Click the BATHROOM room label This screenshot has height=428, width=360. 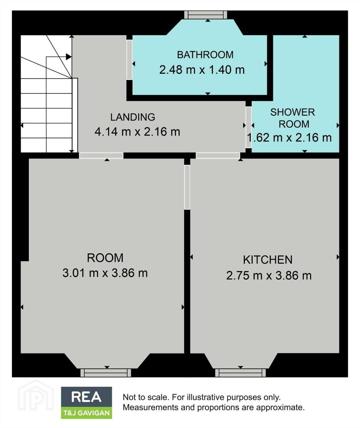pos(205,55)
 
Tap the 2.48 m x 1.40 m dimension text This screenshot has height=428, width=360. pos(202,70)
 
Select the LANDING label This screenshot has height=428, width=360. pos(133,117)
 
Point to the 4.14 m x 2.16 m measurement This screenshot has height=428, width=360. pos(137,132)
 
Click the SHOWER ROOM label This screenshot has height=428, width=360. pos(293,118)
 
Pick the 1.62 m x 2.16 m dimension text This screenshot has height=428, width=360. pos(290,138)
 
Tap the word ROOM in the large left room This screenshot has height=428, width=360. pos(105,258)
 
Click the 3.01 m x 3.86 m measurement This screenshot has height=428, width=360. pos(105,273)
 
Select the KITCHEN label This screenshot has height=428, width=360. pos(268,260)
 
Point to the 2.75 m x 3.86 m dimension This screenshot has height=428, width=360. pos(269,275)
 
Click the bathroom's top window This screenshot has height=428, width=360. pos(206,15)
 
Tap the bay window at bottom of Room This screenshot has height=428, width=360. pos(106,373)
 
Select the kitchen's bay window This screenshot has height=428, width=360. pos(240,373)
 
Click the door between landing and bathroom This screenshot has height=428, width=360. pos(129,60)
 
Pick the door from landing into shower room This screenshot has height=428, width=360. pos(248,127)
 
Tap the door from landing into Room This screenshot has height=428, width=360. pos(101,156)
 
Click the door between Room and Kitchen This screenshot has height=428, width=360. pos(187,187)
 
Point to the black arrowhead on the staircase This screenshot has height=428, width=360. pos(69,57)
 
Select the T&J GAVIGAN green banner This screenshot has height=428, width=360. pos(86,413)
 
